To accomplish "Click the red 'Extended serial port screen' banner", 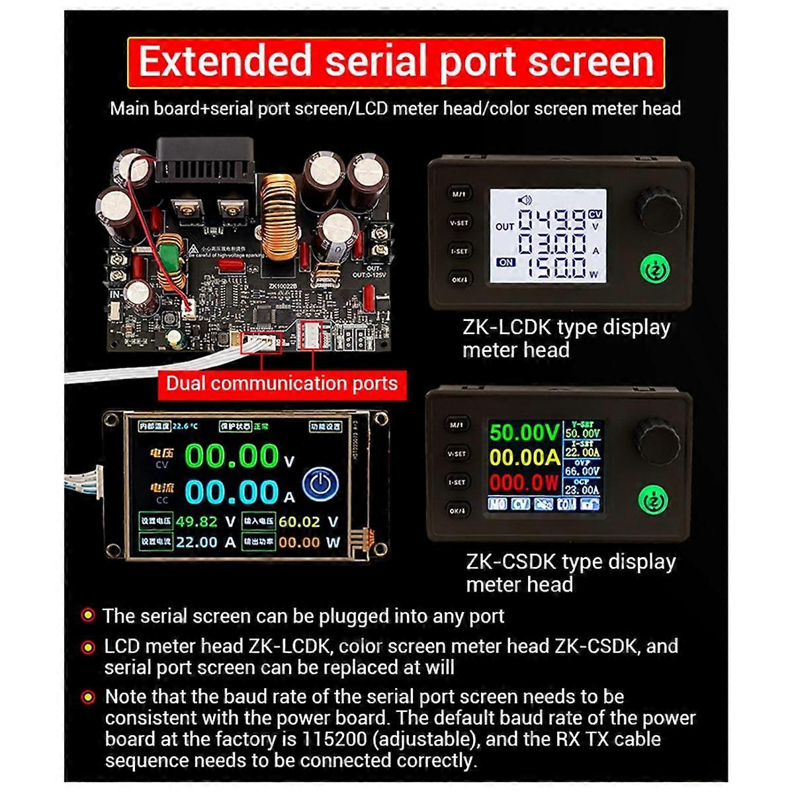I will click(x=396, y=62).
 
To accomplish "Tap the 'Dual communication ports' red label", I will click(x=281, y=384).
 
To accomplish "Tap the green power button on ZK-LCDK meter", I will click(x=654, y=269).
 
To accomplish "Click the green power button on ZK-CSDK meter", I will click(x=654, y=501).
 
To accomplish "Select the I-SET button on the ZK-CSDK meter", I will click(x=457, y=482).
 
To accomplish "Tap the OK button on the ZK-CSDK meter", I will click(x=457, y=511).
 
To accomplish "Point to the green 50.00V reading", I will click(x=524, y=433).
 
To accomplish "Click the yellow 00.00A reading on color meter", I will click(x=524, y=457).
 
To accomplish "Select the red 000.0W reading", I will click(x=524, y=482).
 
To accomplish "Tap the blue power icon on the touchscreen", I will click(x=320, y=485).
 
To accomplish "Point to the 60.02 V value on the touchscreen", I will click(x=308, y=521).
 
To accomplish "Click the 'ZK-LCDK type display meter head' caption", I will click(x=566, y=338).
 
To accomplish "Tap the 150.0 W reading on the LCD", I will click(x=552, y=267).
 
